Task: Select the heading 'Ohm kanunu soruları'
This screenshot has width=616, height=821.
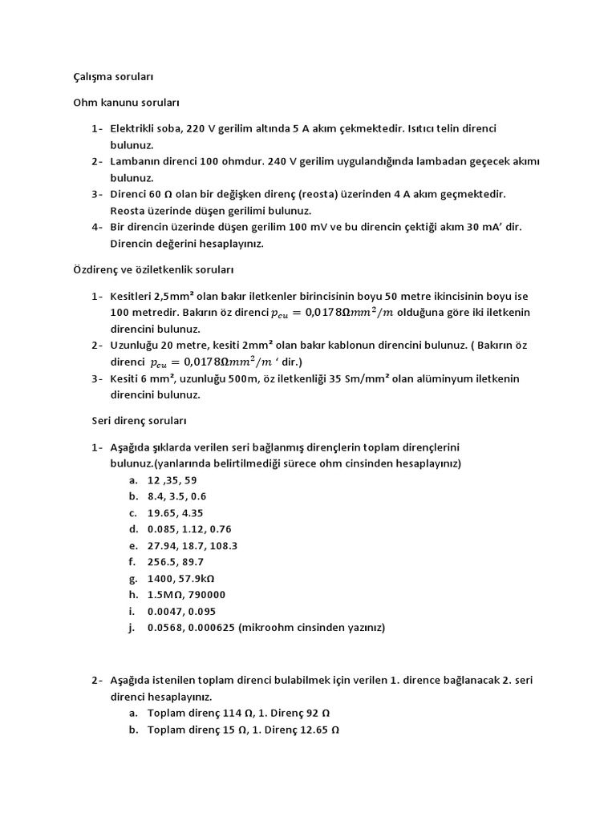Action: click(126, 103)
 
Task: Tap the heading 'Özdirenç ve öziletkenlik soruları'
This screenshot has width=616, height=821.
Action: click(153, 270)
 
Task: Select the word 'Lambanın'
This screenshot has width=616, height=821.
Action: click(139, 161)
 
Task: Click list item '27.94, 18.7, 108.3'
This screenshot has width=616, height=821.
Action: click(192, 545)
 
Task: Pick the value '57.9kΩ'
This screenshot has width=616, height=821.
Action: click(199, 578)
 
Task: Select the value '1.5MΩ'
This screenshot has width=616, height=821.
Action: click(167, 594)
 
